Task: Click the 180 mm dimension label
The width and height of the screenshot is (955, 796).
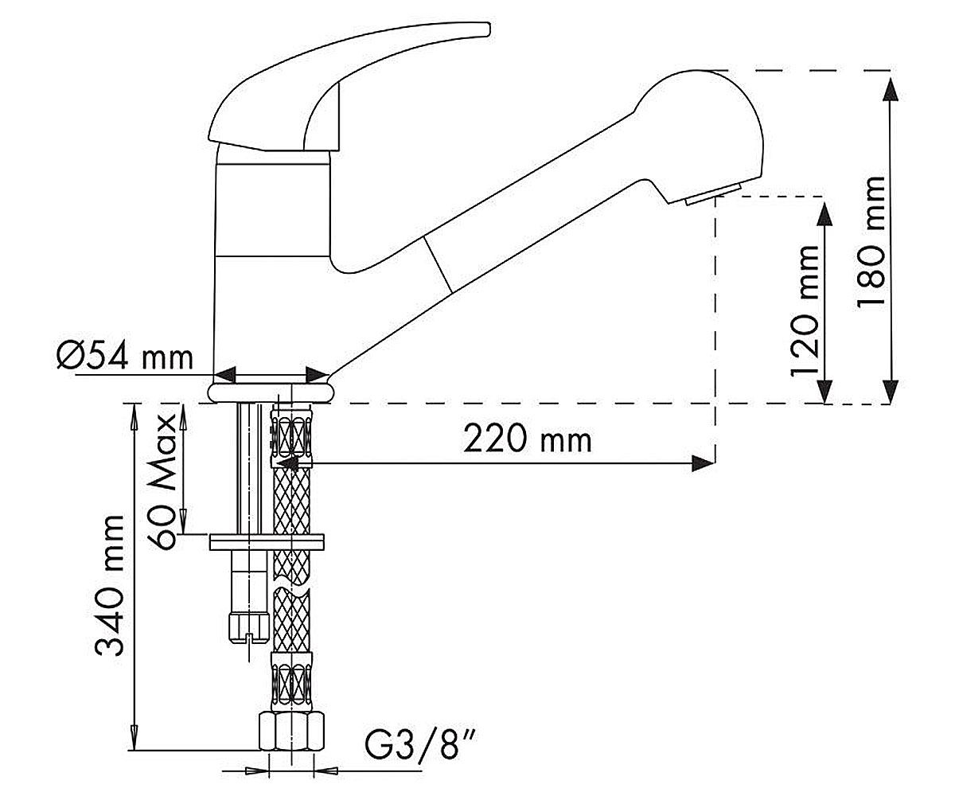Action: coord(871,244)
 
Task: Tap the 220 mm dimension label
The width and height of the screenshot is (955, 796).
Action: coord(528,439)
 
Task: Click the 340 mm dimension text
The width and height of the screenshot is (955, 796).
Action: coord(110,585)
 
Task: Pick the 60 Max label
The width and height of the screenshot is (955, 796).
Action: coord(161,482)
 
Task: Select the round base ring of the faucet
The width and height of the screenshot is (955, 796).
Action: coord(271,393)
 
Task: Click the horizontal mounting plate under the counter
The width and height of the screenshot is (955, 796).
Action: coord(267,541)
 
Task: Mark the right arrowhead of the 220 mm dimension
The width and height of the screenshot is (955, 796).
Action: coord(703,463)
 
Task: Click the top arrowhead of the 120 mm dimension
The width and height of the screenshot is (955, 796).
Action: coord(824,213)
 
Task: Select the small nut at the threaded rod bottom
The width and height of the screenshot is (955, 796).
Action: coord(248,629)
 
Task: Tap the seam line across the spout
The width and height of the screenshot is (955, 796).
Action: coord(438,264)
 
